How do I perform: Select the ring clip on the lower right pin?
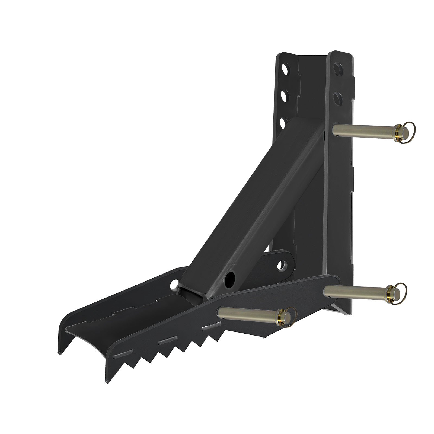click(399, 292)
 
